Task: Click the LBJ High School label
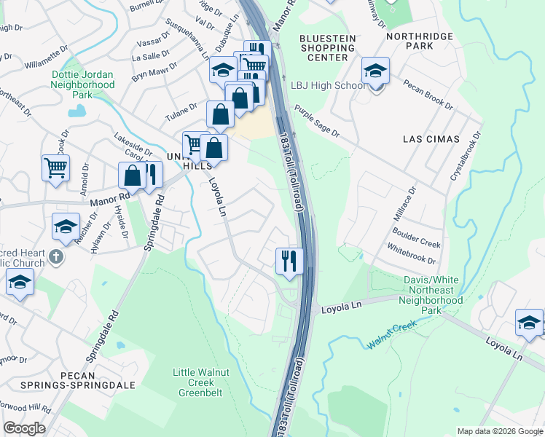(x=328, y=85)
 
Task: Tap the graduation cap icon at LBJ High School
(x=375, y=71)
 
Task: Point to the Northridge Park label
(x=419, y=42)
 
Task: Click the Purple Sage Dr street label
(x=316, y=121)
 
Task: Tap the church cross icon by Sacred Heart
(x=57, y=256)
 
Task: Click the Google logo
(x=24, y=428)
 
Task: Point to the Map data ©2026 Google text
(x=499, y=431)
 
